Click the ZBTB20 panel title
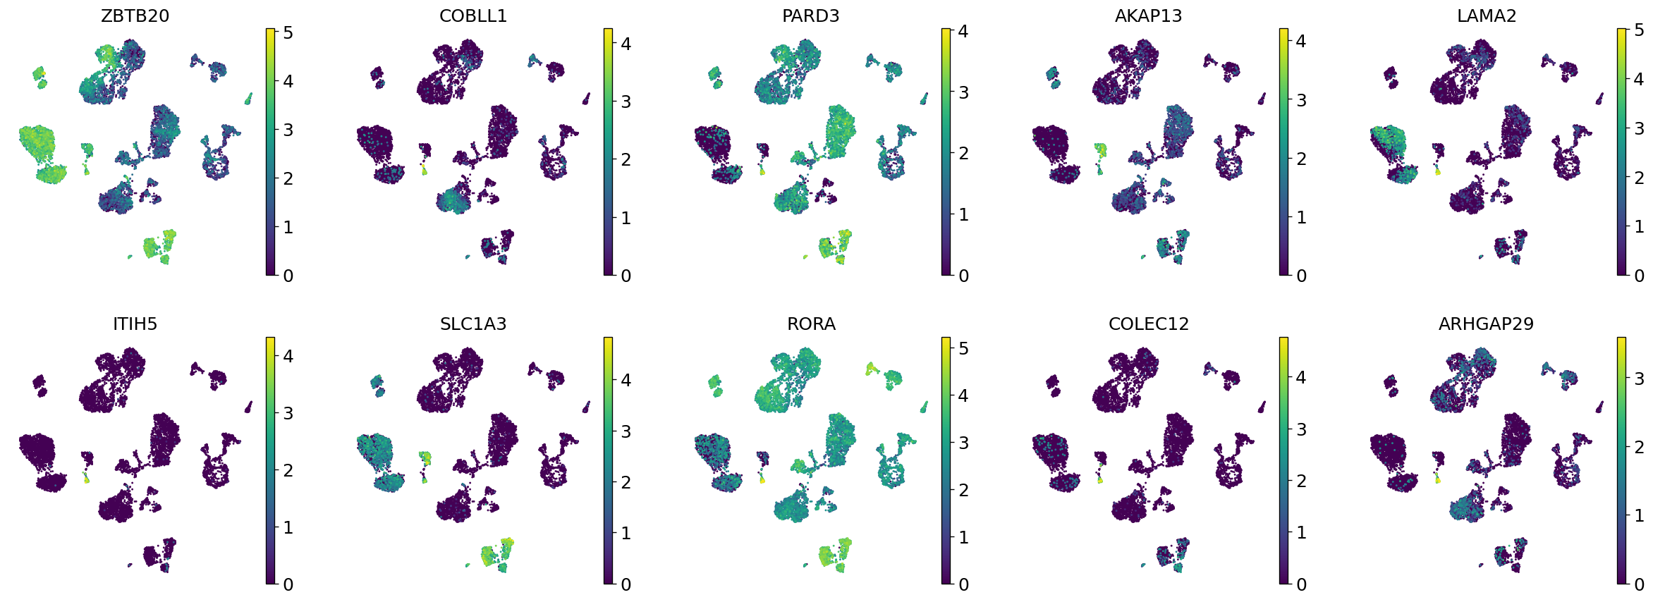135,16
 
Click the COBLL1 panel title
472,16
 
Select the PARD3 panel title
810,16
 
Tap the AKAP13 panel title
1148,16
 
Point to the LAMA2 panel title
1486,16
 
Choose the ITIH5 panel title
135,324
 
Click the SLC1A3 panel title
472,324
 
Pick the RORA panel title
810,324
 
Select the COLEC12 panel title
1148,324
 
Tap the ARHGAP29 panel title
1486,324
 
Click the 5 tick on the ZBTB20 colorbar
288,32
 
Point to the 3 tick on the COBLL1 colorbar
626,102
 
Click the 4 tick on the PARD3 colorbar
963,31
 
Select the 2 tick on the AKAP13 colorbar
1301,159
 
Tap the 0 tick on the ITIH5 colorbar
288,584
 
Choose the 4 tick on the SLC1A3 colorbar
626,380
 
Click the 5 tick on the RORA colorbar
963,348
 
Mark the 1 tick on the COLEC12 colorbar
1301,532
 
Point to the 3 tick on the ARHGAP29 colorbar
1639,379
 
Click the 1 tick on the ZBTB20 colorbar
288,227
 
